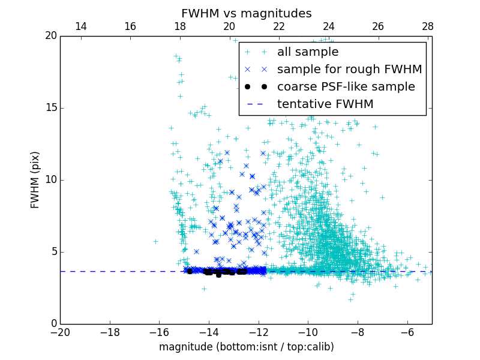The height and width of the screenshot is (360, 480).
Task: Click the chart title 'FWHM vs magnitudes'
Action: [246, 13]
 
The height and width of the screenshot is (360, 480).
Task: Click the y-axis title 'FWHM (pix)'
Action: [35, 179]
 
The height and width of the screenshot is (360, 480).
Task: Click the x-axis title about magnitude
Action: [246, 347]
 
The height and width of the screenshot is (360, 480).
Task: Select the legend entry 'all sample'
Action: [308, 52]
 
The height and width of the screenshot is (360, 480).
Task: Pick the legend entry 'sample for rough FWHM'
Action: [349, 70]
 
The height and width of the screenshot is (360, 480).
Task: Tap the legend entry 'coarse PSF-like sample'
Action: [346, 87]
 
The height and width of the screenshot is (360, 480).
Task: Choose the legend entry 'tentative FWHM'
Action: [325, 104]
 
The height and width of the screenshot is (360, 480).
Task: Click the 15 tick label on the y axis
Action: [50, 108]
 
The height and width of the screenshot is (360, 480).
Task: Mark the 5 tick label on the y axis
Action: [53, 252]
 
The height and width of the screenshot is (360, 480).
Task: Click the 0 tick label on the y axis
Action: [53, 324]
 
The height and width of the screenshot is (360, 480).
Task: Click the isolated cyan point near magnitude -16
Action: [155, 241]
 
